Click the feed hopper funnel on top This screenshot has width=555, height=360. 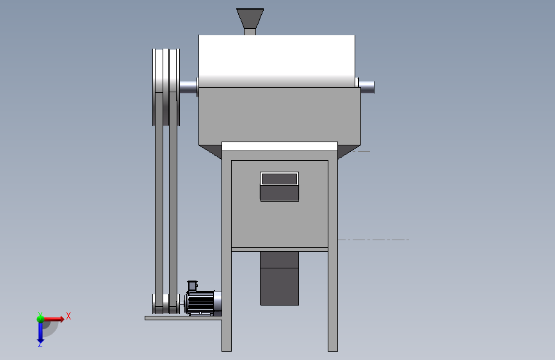tap(250, 19)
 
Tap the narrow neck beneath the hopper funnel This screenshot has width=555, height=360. tap(250, 32)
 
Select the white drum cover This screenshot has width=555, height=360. tap(277, 61)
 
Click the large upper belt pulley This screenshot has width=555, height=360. tap(166, 87)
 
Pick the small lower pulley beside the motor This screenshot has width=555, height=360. tap(166, 304)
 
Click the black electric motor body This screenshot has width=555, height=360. tap(200, 303)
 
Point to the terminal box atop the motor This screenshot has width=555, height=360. tap(192, 286)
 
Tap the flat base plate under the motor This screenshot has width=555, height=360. tap(183, 318)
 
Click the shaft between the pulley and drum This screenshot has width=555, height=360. tap(189, 87)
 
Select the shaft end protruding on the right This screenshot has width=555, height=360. tap(367, 87)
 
